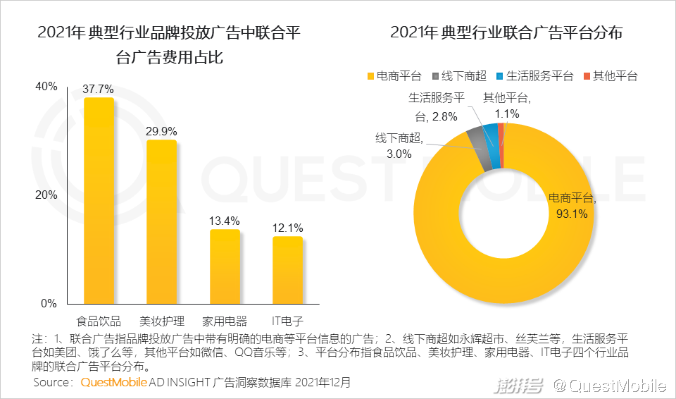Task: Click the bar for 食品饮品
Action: (99, 201)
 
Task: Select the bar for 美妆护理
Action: (161, 222)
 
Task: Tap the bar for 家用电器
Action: (225, 266)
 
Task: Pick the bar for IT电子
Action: (287, 269)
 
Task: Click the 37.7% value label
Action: (99, 90)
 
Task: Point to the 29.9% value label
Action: (161, 131)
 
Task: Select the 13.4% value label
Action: (225, 221)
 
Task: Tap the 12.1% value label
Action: (287, 228)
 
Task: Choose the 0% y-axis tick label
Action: (49, 303)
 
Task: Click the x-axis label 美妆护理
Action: (161, 319)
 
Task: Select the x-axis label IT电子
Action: (287, 319)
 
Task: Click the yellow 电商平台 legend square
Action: (370, 76)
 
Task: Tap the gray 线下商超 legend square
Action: (436, 76)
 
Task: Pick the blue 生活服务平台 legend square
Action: (501, 76)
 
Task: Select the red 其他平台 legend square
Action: (587, 76)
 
